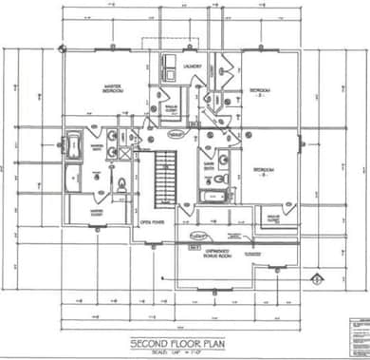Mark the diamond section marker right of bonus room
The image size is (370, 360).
tap(315, 279)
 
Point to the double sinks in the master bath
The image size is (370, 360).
tap(112, 142)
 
